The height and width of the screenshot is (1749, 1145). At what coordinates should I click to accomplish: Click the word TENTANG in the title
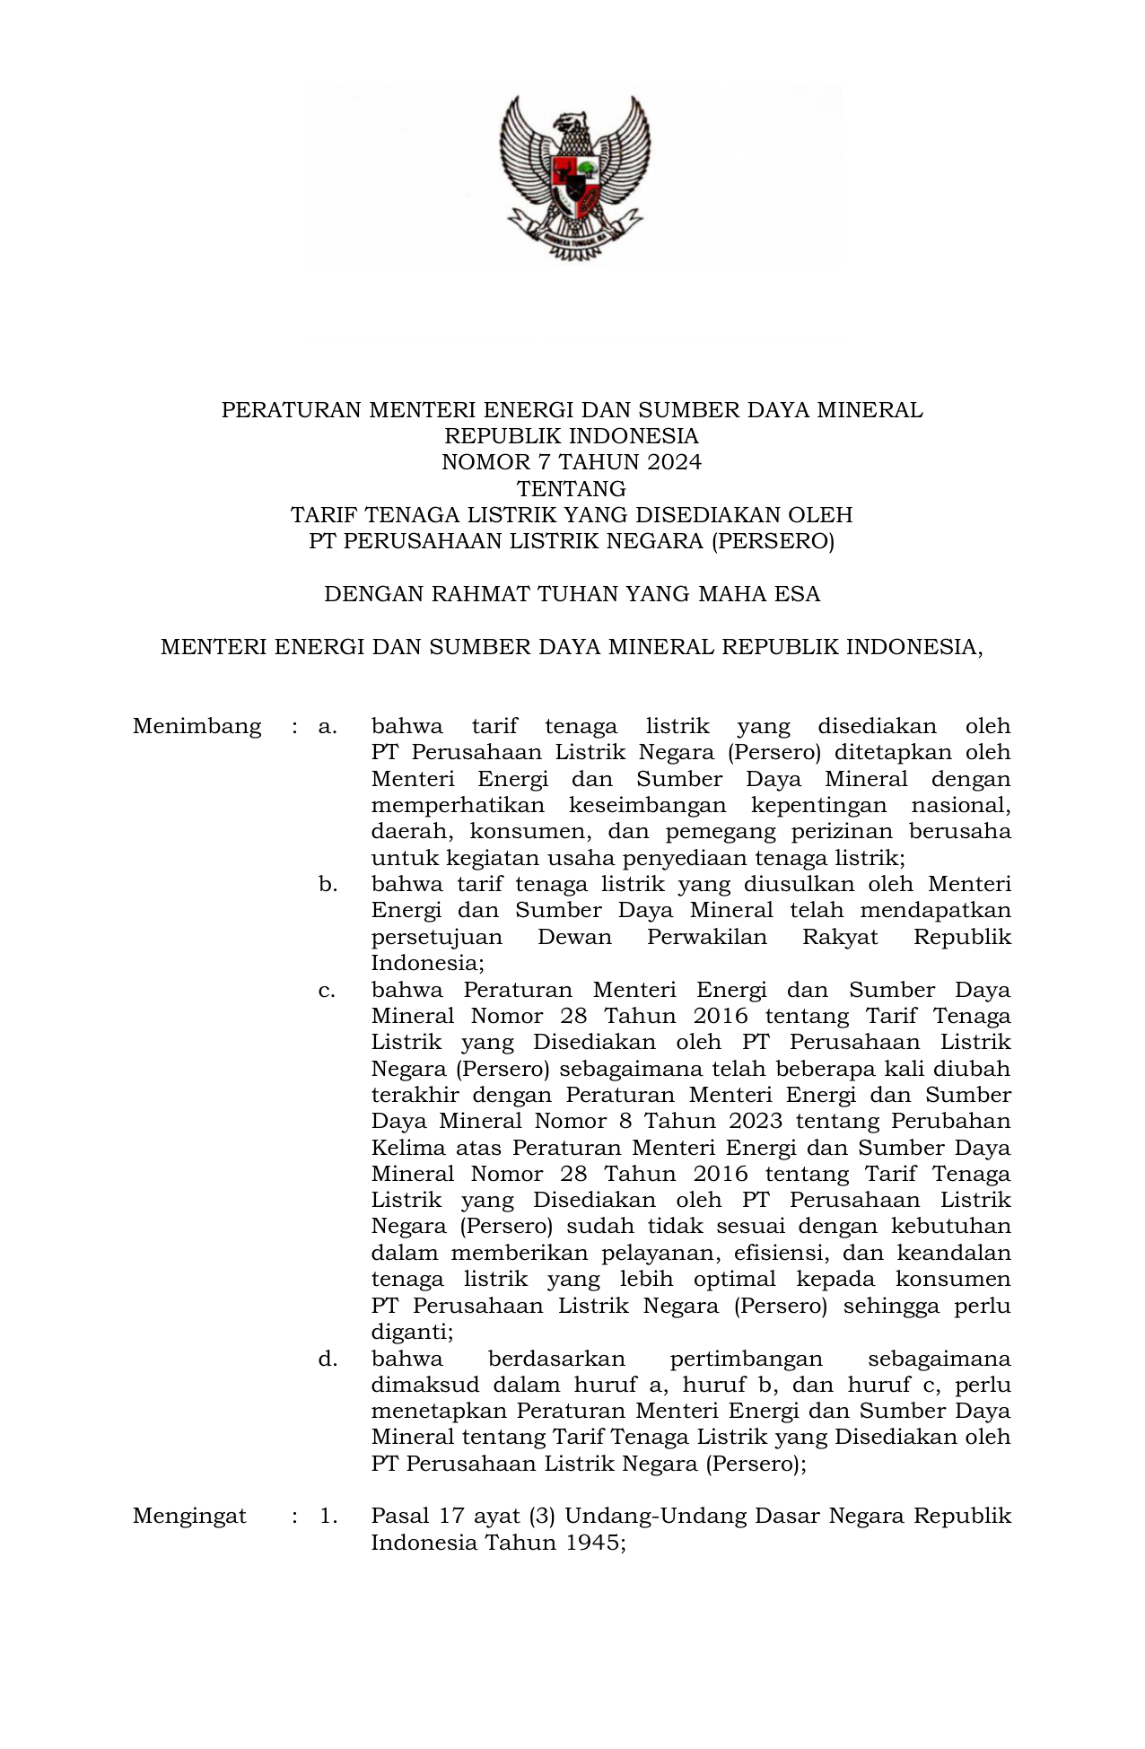572,489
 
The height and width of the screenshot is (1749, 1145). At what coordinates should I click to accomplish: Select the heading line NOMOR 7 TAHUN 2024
572,462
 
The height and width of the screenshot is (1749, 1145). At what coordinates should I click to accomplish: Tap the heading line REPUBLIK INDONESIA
572,436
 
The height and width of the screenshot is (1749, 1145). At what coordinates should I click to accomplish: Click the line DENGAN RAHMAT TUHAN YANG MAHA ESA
572,594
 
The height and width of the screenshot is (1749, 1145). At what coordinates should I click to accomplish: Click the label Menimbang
197,726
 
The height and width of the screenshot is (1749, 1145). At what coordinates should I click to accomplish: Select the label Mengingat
189,1516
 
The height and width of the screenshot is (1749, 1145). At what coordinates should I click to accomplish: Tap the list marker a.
328,726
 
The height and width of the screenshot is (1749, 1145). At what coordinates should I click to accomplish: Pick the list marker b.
328,884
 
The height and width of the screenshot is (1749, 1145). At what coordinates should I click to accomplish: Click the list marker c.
328,990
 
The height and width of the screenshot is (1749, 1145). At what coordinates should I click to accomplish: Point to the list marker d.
328,1359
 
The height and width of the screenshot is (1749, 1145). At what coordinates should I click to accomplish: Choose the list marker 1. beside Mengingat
328,1516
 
